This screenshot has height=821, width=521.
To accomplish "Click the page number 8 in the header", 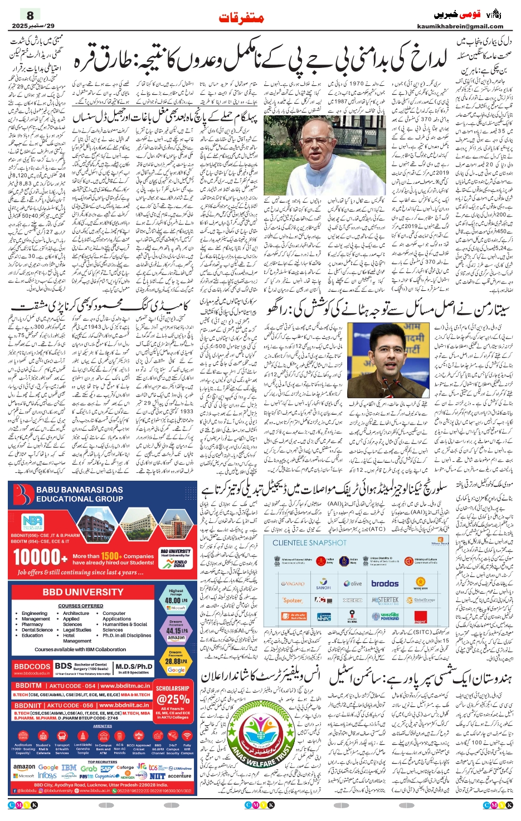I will (30, 15).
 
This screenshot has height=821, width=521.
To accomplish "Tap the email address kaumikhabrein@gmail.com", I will (460, 26).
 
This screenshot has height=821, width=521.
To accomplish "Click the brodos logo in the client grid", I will (385, 584).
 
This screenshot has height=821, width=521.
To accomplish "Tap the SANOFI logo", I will (323, 585).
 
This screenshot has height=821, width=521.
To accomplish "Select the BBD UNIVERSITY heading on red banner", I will (83, 592).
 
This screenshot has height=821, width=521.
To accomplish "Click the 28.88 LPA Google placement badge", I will (176, 661).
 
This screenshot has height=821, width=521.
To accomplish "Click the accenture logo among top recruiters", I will (179, 775).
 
